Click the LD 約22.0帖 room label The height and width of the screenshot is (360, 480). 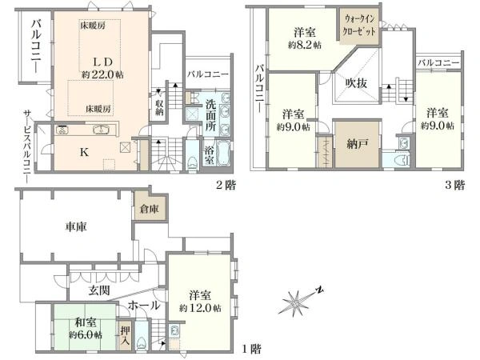(x=102, y=68)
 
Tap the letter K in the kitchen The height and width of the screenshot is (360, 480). (x=84, y=152)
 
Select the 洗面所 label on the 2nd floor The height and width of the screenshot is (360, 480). (x=210, y=115)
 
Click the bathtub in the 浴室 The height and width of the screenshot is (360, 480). (x=223, y=154)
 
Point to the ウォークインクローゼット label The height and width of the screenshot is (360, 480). (x=359, y=25)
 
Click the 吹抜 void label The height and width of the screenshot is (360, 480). (x=356, y=82)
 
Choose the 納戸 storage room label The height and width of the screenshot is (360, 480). (x=358, y=144)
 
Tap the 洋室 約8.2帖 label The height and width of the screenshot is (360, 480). (x=305, y=38)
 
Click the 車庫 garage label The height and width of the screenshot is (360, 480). (x=76, y=226)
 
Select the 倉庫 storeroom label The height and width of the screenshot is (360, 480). (x=150, y=209)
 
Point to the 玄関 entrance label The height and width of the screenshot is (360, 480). (x=99, y=290)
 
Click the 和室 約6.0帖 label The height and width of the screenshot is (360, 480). (x=86, y=328)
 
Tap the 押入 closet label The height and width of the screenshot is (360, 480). (x=125, y=335)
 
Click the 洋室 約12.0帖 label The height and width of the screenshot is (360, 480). (x=200, y=302)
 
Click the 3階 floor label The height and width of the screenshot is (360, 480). (x=455, y=186)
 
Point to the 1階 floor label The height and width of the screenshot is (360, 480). (x=252, y=349)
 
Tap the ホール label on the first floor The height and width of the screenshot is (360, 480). (x=144, y=306)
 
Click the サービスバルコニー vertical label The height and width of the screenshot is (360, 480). (x=27, y=146)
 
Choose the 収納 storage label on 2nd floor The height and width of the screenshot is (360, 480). (x=159, y=107)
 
